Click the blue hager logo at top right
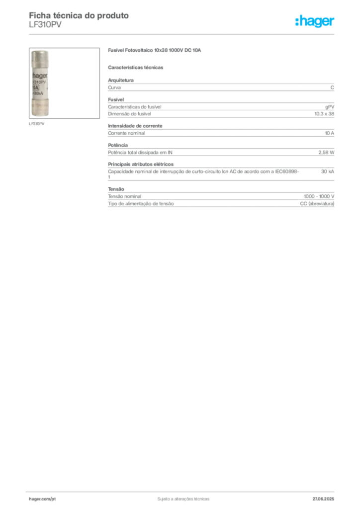315,22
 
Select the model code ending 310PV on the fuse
39,83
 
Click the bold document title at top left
80,15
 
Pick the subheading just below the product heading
137,67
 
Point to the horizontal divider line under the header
183,34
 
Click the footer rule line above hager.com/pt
183,491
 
